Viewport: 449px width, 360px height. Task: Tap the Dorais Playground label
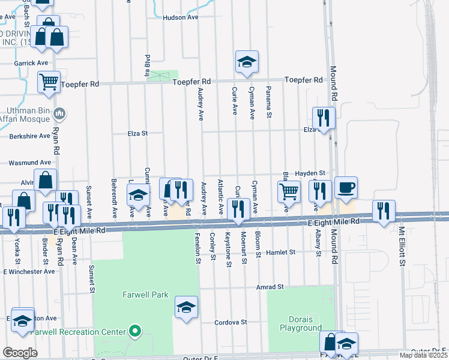click(x=301, y=323)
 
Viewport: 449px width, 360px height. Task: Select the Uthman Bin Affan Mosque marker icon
click(x=59, y=113)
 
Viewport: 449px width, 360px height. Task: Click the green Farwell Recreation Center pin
click(x=136, y=331)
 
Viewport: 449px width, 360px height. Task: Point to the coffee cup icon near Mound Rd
click(x=346, y=188)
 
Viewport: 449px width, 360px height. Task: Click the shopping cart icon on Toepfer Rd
click(x=49, y=82)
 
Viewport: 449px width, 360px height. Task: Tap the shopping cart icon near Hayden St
click(x=289, y=192)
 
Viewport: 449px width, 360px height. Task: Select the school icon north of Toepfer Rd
click(x=246, y=61)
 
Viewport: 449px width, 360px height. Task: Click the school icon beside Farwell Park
click(x=186, y=308)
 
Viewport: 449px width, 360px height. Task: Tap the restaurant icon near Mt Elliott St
click(x=383, y=211)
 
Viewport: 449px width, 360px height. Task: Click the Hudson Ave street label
click(x=180, y=18)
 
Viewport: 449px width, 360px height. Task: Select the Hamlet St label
click(x=282, y=253)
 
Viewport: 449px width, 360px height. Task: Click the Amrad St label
click(x=268, y=287)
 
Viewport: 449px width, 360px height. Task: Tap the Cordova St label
click(x=231, y=322)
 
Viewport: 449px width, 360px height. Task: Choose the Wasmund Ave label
click(x=29, y=163)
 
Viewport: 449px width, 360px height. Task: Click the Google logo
click(x=20, y=353)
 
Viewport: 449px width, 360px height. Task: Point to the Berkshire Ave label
click(x=29, y=136)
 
